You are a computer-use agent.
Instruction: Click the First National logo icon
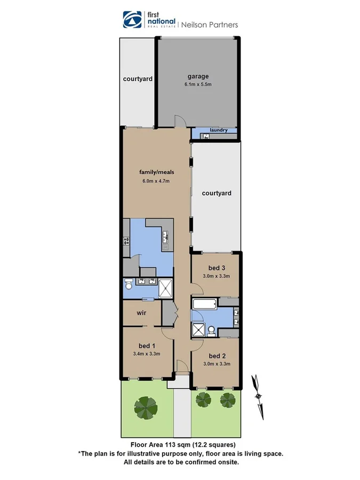(131, 19)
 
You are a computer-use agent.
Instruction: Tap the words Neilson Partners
(210, 25)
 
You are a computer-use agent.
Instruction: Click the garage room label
(197, 76)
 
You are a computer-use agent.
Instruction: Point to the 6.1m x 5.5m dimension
(197, 84)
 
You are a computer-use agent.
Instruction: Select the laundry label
(219, 130)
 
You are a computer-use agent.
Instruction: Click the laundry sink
(205, 137)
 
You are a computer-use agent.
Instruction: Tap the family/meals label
(157, 172)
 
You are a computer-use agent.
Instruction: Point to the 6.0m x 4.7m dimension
(156, 181)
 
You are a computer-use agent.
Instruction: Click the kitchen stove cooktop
(126, 241)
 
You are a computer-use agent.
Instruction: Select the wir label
(141, 313)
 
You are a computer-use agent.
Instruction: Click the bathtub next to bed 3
(205, 306)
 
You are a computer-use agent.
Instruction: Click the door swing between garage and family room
(181, 122)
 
